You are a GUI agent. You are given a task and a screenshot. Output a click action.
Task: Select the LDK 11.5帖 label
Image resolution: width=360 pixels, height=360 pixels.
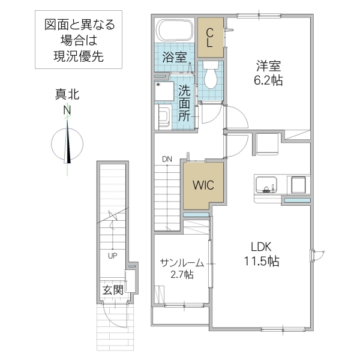(260, 253)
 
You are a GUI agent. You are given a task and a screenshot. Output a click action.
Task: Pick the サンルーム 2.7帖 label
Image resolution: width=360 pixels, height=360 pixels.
(182, 268)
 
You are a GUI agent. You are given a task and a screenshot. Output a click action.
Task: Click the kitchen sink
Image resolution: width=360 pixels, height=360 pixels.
(265, 183)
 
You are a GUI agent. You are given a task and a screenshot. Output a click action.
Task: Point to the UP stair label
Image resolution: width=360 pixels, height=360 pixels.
(112, 255)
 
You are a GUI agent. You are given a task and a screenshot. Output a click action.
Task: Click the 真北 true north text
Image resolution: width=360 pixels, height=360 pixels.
(67, 94)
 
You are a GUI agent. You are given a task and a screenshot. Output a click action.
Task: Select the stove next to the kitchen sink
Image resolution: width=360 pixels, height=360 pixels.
(297, 184)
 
